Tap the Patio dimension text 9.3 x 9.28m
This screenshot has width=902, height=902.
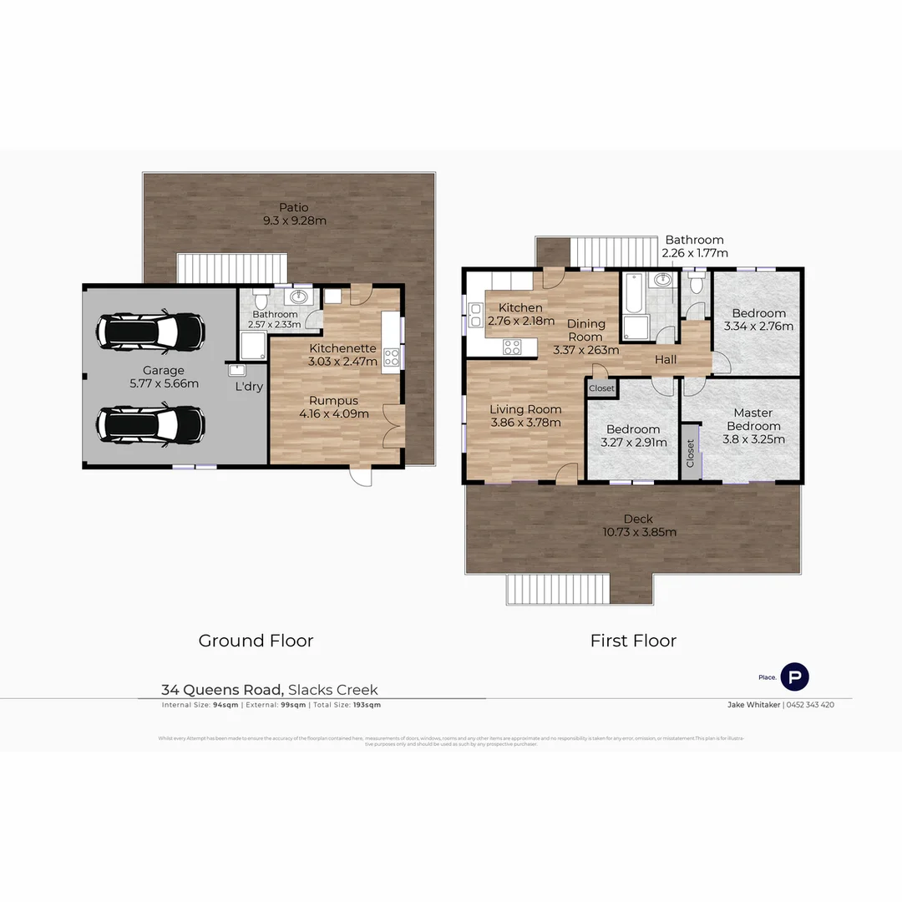293,221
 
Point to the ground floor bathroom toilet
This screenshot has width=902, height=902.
261,300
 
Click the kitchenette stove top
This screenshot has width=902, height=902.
391,357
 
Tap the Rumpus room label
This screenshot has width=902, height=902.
334,400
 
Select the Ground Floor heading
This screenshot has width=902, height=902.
256,641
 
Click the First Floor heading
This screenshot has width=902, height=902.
633,641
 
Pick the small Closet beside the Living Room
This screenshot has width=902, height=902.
601,388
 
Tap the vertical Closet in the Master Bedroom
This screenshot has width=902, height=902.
691,454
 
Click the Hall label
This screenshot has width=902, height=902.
666,359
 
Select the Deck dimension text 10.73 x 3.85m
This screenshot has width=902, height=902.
640,532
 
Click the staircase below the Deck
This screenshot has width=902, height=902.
557,589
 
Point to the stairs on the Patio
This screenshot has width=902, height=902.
232,269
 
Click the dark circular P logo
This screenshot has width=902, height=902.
794,676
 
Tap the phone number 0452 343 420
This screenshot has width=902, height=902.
810,705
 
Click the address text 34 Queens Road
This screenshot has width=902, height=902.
222,690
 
